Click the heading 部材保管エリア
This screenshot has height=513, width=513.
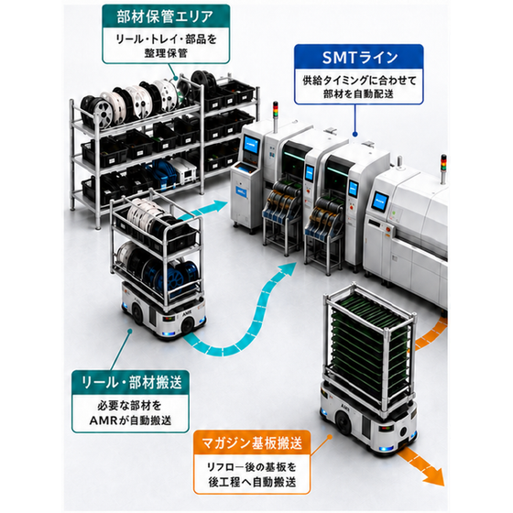[x=165, y=17]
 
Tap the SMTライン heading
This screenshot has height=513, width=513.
[x=359, y=58]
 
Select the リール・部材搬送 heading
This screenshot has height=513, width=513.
[x=131, y=382]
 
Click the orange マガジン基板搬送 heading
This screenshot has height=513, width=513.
[x=251, y=443]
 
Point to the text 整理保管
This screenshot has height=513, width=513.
[x=166, y=53]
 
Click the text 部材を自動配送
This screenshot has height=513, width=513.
[x=359, y=93]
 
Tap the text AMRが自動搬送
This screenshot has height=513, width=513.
[x=130, y=420]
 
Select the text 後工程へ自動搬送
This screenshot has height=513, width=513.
[x=252, y=482]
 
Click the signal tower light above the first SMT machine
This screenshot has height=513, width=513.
[x=276, y=113]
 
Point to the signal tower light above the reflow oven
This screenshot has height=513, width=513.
[x=443, y=166]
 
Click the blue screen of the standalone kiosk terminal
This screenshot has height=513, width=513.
[x=252, y=146]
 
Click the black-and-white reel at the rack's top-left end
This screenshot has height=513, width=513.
[x=96, y=111]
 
